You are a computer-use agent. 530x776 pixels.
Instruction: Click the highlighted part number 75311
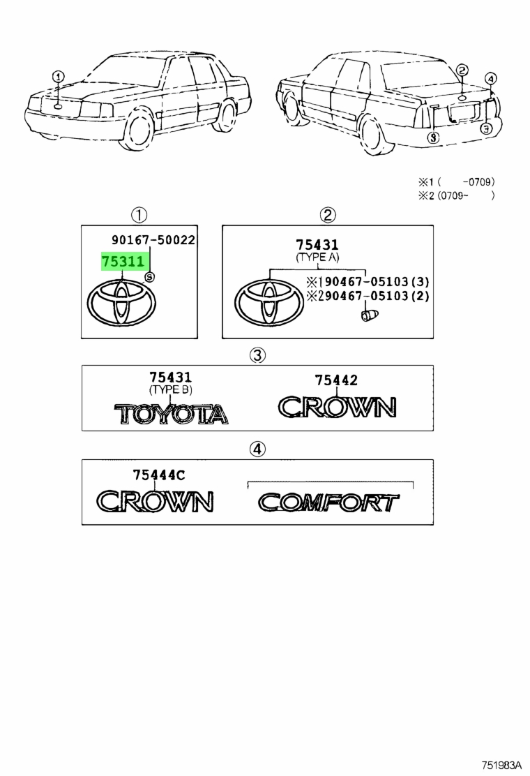tap(123, 261)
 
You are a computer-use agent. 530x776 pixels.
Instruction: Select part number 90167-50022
tap(153, 240)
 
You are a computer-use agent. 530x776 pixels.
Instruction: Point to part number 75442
tap(336, 380)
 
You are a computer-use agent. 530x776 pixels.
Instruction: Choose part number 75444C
tap(159, 475)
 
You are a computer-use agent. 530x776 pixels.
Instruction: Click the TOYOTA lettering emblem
tap(171, 415)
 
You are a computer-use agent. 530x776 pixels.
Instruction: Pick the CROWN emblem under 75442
tap(338, 408)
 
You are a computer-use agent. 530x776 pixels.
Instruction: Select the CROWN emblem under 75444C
tap(155, 501)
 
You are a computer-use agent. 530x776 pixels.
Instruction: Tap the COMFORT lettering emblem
tap(328, 502)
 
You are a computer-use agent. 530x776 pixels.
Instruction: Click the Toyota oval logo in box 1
tap(121, 303)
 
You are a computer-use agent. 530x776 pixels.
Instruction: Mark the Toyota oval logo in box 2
tap(269, 304)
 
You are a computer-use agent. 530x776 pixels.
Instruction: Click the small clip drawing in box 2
tap(370, 314)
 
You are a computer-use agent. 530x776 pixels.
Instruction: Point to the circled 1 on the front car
tap(59, 77)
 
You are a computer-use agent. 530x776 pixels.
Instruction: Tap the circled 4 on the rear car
tap(490, 78)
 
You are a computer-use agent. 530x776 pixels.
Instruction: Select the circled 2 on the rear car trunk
tap(462, 70)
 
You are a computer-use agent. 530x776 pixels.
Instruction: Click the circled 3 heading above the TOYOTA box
tap(257, 355)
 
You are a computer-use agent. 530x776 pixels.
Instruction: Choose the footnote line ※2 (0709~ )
tap(456, 195)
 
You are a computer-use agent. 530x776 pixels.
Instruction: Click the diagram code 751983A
tap(502, 765)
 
